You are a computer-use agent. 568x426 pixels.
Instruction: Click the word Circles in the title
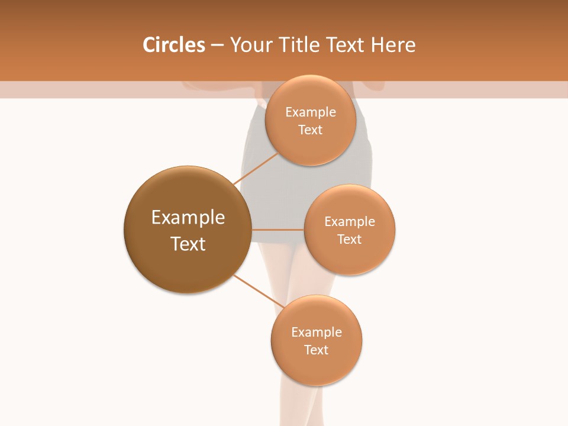pos(173,45)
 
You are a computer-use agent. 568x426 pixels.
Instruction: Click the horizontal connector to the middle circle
pos(277,230)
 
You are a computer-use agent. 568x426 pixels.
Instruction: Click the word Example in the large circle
pos(188,218)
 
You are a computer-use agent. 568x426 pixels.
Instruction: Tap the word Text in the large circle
pos(188,244)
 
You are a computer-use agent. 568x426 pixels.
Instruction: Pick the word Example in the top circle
pos(311,112)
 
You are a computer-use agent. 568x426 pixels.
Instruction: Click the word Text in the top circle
pos(311,130)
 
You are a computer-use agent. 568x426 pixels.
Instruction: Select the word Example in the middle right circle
pos(350,221)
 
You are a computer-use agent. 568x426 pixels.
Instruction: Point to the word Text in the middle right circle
pos(350,239)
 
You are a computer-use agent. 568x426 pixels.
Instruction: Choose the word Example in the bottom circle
pos(317,332)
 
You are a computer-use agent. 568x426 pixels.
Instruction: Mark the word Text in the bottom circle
pos(317,350)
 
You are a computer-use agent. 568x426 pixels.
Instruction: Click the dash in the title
pos(217,45)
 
